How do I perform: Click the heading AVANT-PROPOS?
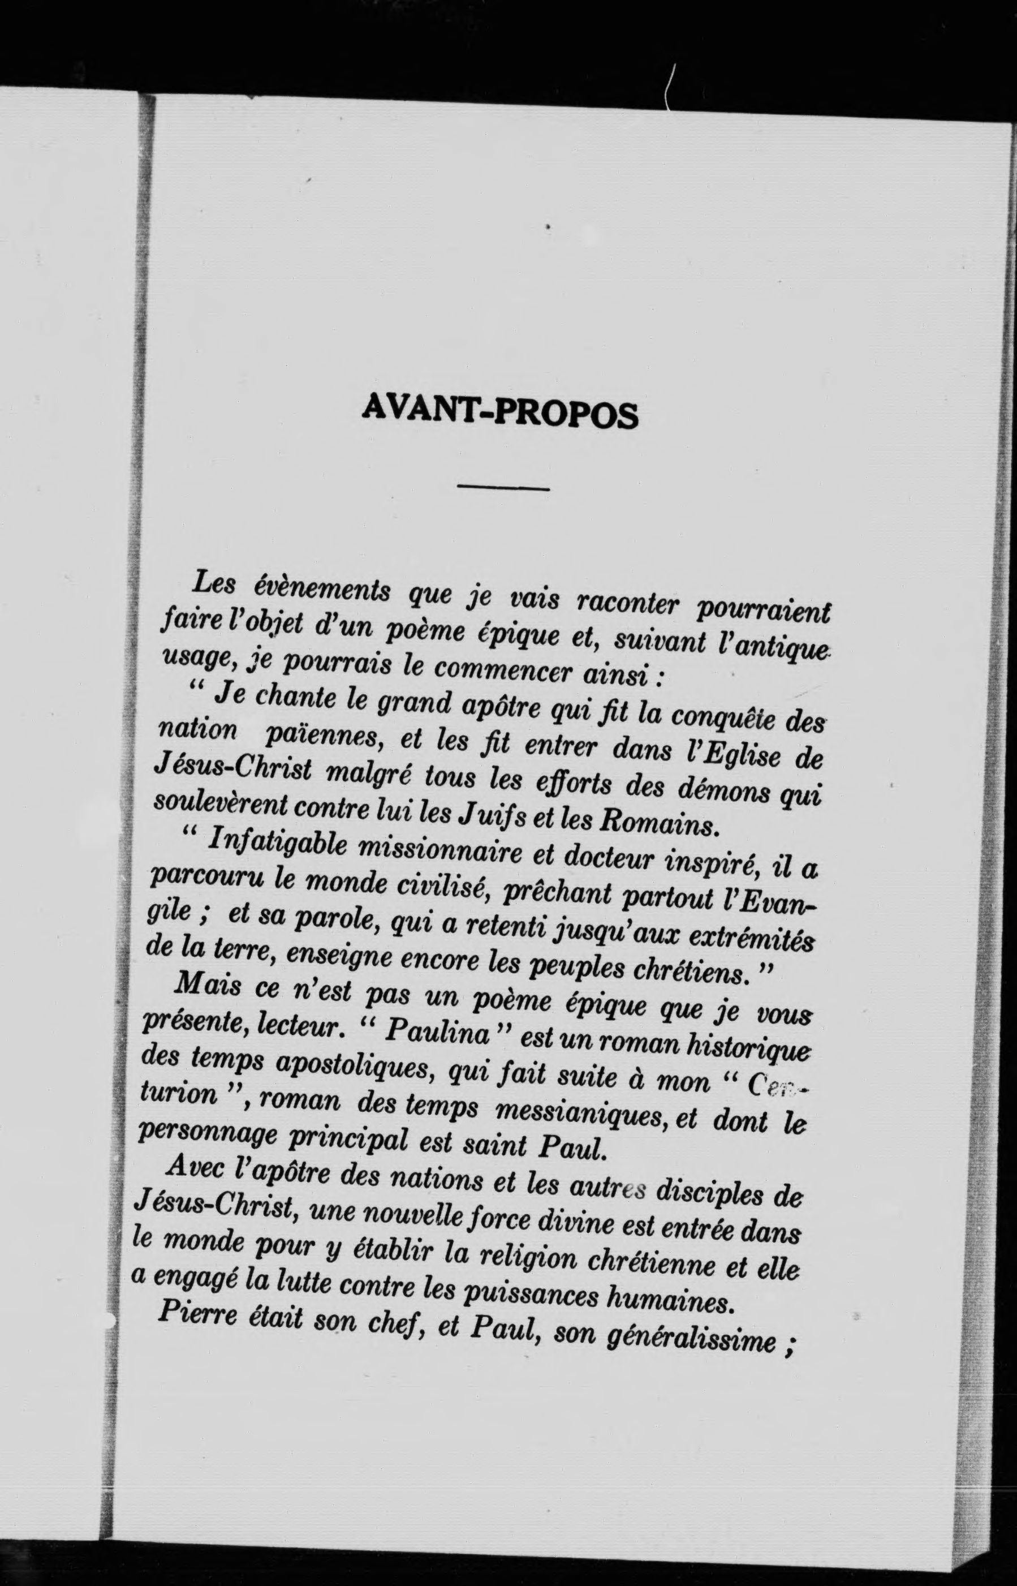point(501,413)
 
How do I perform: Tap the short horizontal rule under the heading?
point(503,488)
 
